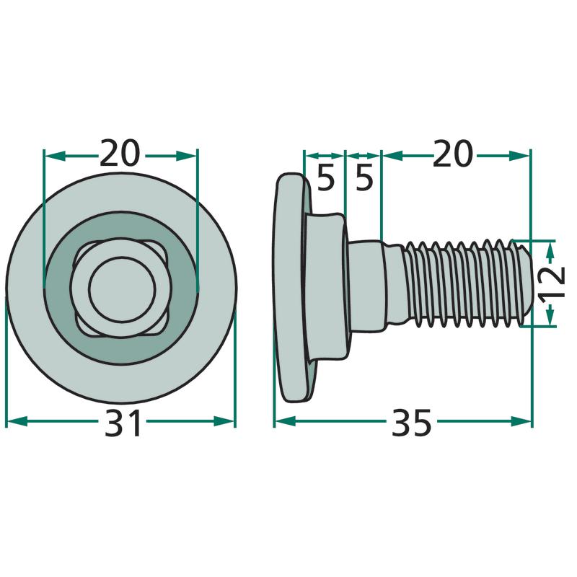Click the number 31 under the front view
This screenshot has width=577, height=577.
pyautogui.click(x=123, y=423)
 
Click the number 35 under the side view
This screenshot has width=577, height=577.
pyautogui.click(x=411, y=423)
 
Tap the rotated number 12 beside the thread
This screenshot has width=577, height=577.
pyautogui.click(x=552, y=282)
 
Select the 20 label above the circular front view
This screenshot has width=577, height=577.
pyautogui.click(x=120, y=152)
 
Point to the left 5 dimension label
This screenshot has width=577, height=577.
pyautogui.click(x=326, y=179)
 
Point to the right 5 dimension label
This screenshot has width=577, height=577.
pyautogui.click(x=364, y=179)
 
